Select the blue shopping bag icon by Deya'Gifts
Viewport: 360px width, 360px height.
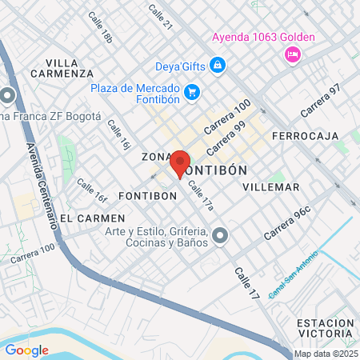(x=218, y=65)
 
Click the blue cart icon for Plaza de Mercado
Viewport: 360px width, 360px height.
(x=191, y=93)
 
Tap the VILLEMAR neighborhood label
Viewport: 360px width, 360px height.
(x=270, y=187)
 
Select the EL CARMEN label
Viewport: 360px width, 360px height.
(x=93, y=218)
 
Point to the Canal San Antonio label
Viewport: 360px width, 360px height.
(x=293, y=276)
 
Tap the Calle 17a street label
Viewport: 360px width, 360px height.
(x=200, y=195)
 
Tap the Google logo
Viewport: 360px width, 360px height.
(x=26, y=350)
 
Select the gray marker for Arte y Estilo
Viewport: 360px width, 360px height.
(x=221, y=236)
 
